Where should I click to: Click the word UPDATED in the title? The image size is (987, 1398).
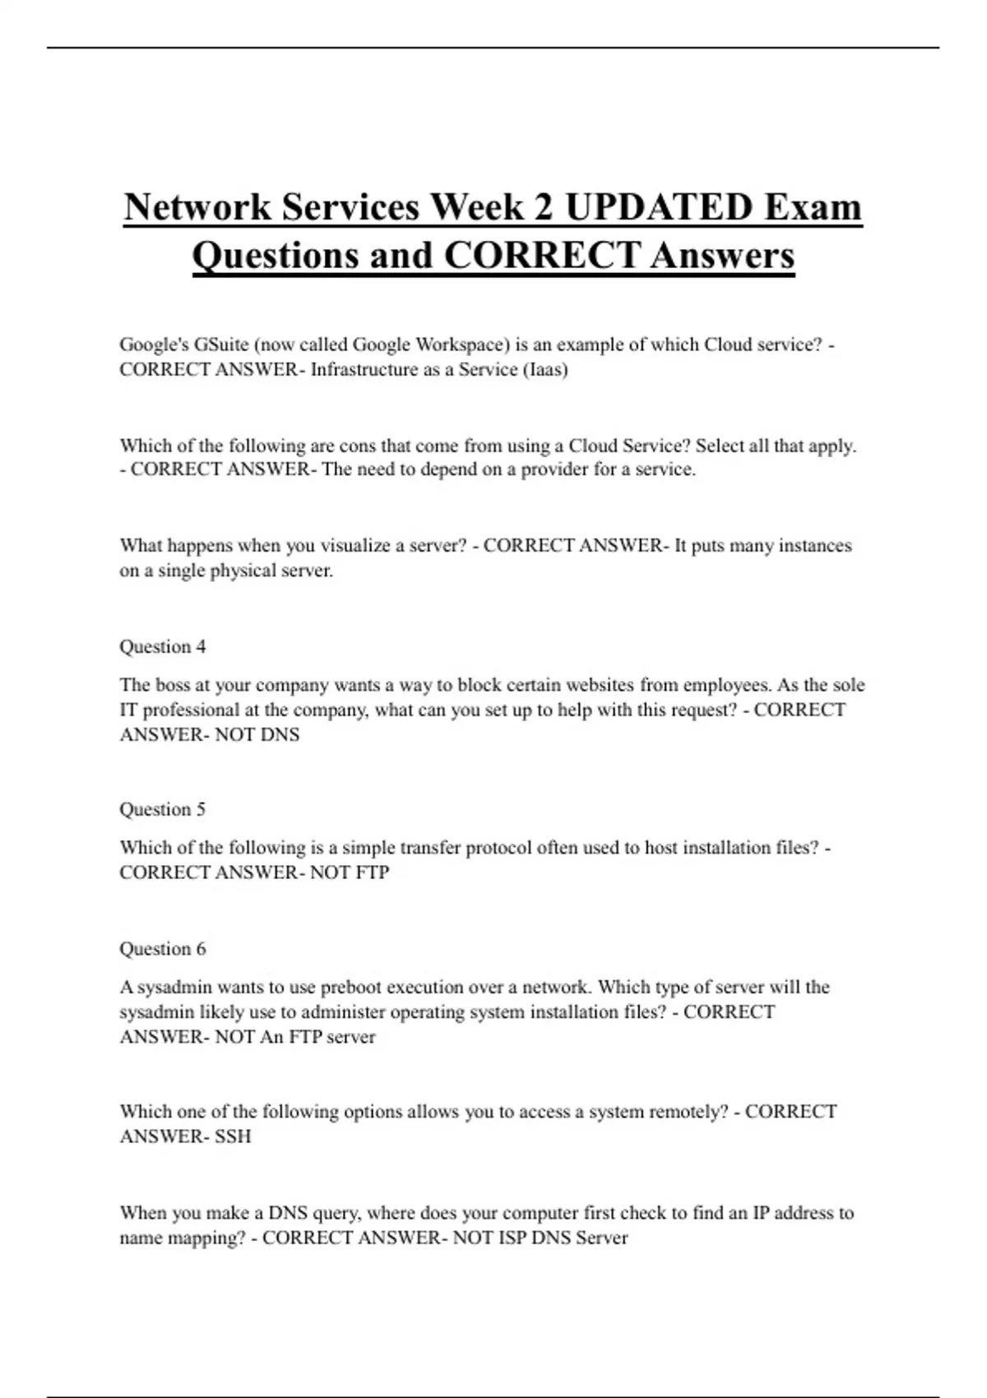(x=659, y=206)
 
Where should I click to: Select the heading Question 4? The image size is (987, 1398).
(x=163, y=646)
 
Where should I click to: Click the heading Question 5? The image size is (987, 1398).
(x=163, y=809)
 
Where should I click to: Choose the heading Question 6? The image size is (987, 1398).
(x=163, y=948)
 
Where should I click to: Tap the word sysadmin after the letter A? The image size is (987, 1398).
(x=174, y=987)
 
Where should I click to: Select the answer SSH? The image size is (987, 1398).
(x=233, y=1136)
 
